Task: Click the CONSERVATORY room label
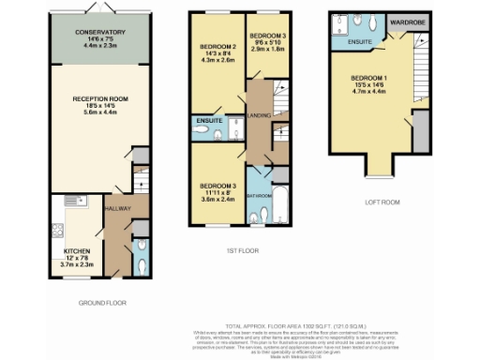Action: coord(100,31)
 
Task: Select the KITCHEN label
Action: coord(77,251)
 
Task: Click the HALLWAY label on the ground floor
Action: coord(117,208)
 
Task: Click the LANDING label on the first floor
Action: coord(259,116)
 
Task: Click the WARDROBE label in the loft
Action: coord(408,19)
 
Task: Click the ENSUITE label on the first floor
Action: coord(207,121)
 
